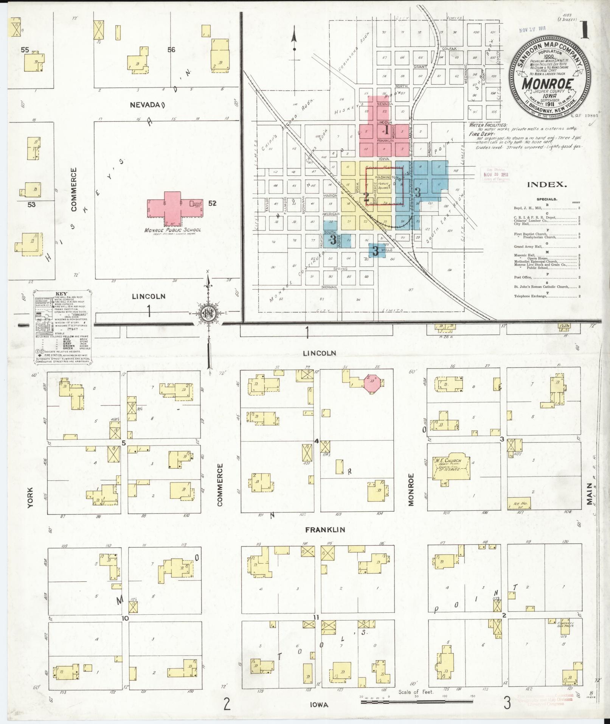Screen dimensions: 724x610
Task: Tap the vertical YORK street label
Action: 31,497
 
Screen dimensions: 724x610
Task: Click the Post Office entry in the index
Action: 524,277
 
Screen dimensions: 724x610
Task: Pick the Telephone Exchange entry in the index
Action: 530,296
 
